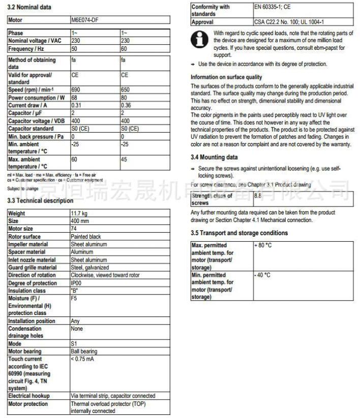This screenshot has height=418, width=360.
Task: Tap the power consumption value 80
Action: [x=124, y=98]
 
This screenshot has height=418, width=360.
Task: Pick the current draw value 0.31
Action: [x=76, y=105]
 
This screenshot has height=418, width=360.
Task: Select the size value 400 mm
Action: [x=79, y=221]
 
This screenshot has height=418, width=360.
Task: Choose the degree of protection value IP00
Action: [x=76, y=283]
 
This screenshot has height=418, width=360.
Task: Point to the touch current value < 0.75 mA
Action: [x=82, y=359]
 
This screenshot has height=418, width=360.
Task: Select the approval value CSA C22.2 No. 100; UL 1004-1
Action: [x=289, y=22]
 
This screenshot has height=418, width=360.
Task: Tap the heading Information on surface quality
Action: [x=226, y=77]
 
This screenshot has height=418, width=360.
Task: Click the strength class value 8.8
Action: [x=258, y=194]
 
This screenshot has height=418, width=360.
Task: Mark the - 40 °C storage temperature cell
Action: [x=262, y=275]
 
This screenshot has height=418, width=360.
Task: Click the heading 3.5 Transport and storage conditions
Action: [x=239, y=233]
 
